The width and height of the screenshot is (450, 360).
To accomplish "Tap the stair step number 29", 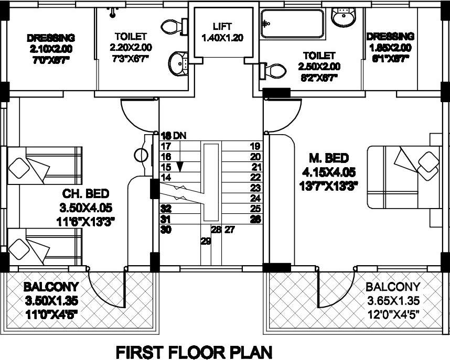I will [205, 241].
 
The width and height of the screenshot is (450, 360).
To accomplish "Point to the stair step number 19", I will [255, 146].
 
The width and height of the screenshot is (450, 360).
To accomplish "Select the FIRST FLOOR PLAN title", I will [194, 351].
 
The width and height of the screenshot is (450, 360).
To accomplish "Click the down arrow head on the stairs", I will [180, 167].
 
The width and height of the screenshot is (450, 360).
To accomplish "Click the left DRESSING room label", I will [51, 38].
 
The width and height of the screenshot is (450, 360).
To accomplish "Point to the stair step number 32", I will [166, 209].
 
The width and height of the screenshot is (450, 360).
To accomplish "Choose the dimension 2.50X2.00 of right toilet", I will [319, 67].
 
